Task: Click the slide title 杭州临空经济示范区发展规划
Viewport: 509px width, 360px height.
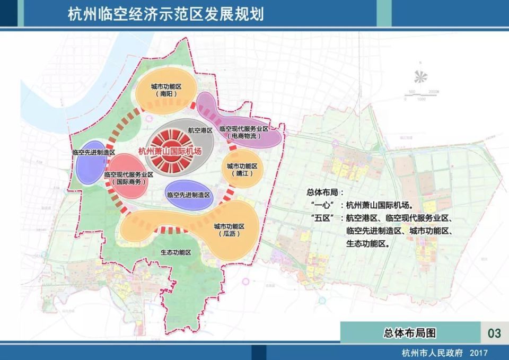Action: [x=165, y=13]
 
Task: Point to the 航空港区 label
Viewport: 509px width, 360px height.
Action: [x=200, y=129]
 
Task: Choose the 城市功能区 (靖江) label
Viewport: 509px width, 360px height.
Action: [x=242, y=170]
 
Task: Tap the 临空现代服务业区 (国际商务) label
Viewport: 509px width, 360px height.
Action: [x=129, y=178]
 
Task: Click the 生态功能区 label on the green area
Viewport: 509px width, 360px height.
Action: [x=175, y=253]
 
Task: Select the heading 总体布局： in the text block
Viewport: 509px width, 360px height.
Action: [x=325, y=192]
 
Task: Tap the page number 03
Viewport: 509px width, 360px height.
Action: [x=494, y=333]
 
